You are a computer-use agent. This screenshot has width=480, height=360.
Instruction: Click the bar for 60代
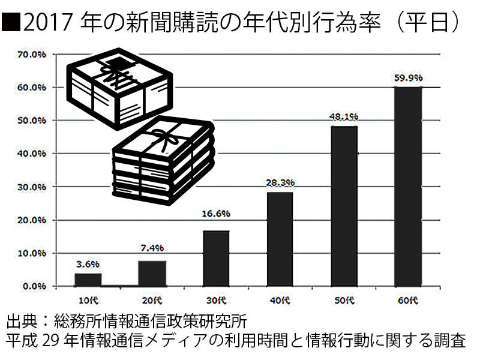[x=407, y=187]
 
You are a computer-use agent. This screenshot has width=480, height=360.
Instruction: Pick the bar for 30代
[x=215, y=258]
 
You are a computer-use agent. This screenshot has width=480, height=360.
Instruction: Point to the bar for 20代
[x=152, y=273]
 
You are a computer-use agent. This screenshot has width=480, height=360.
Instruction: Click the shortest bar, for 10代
[x=88, y=280]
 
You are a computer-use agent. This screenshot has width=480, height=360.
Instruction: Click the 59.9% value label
[x=408, y=78]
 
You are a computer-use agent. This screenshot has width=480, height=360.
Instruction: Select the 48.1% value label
[x=343, y=118]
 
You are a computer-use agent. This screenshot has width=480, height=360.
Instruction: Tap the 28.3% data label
[x=278, y=183]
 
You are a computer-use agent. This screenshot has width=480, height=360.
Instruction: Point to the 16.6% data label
[x=215, y=213]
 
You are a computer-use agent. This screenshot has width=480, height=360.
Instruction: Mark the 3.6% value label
[x=88, y=263]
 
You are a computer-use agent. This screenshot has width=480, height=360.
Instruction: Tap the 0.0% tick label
[x=33, y=286]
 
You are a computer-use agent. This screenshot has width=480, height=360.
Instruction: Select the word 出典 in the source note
[x=24, y=318]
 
